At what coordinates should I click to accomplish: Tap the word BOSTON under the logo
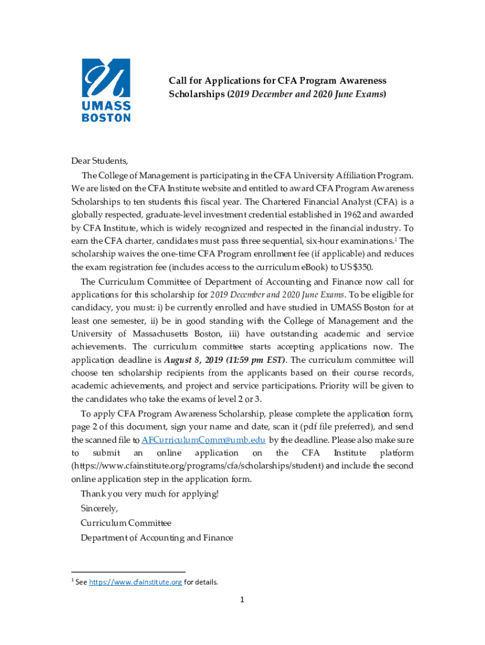click(x=106, y=117)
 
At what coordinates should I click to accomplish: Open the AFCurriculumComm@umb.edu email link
click(x=203, y=440)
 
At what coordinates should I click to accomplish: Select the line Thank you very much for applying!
click(x=149, y=493)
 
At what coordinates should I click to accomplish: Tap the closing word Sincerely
click(x=99, y=508)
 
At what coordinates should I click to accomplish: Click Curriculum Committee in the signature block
click(x=126, y=523)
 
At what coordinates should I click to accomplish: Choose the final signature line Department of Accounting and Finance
click(x=157, y=538)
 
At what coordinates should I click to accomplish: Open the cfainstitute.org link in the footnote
click(x=135, y=582)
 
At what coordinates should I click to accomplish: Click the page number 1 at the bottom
click(x=241, y=600)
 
